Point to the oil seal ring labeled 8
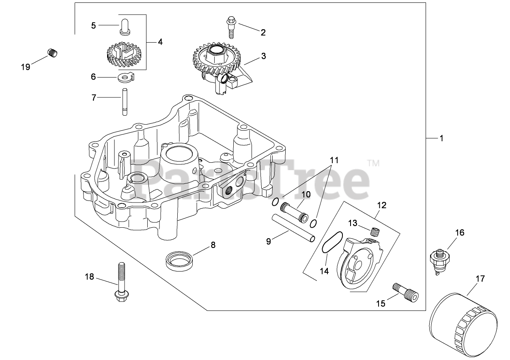[179, 259]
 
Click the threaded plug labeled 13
[376, 232]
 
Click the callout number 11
[334, 160]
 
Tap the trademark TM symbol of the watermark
[373, 164]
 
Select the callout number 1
[441, 138]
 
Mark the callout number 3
[263, 56]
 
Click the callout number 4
[160, 41]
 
